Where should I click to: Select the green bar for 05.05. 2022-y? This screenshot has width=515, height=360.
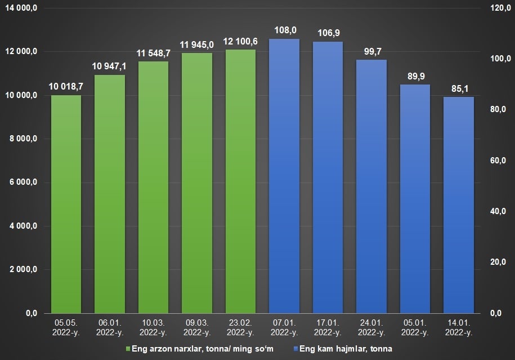(66, 203)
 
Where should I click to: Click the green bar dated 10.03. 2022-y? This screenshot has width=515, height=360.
(153, 186)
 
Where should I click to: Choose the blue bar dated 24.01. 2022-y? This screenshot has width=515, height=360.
(371, 186)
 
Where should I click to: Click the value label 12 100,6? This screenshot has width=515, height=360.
(241, 42)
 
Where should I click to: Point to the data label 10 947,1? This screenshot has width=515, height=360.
(109, 66)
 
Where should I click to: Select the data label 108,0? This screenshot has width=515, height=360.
(285, 30)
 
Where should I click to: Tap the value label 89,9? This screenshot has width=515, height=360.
(415, 76)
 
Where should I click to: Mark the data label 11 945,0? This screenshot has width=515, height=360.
(197, 45)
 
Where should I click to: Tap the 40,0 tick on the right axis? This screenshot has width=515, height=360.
(499, 211)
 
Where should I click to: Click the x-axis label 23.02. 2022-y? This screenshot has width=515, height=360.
(240, 327)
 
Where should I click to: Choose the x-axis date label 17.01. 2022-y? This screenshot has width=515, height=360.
(328, 327)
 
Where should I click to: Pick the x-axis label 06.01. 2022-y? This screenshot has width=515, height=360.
(110, 327)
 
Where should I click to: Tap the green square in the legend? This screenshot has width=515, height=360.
(128, 349)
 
